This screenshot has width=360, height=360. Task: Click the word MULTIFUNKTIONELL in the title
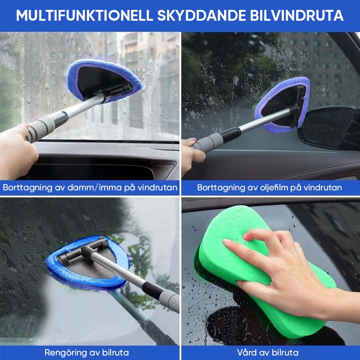[85, 16]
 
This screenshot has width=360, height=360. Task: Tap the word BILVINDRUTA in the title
[297, 16]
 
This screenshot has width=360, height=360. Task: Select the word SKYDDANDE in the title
[201, 16]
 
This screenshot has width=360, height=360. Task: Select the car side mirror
[328, 127]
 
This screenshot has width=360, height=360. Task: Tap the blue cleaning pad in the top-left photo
[104, 79]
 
